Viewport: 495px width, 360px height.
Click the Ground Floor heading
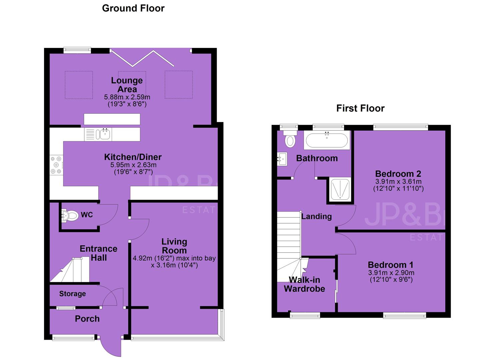pos(133,8)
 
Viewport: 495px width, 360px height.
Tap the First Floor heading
pos(360,108)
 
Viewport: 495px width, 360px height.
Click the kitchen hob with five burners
pos(56,165)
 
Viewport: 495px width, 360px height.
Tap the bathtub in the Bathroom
pos(327,140)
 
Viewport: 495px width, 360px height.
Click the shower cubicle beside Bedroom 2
pos(340,189)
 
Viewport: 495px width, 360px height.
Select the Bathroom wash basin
pos(282,159)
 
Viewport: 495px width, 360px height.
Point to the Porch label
pos(87,319)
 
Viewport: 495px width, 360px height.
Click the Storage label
pos(72,294)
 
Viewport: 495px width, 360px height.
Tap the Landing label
pos(316,216)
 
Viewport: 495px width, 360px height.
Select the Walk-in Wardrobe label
pos(304,284)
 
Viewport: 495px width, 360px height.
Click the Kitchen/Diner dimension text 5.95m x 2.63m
pos(133,165)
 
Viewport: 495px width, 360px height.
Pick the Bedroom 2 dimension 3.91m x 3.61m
pos(398,181)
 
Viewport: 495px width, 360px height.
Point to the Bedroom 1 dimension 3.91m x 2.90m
pos(391,272)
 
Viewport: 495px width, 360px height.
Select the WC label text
pos(87,215)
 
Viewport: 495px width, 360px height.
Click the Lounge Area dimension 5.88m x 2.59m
pos(127,97)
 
